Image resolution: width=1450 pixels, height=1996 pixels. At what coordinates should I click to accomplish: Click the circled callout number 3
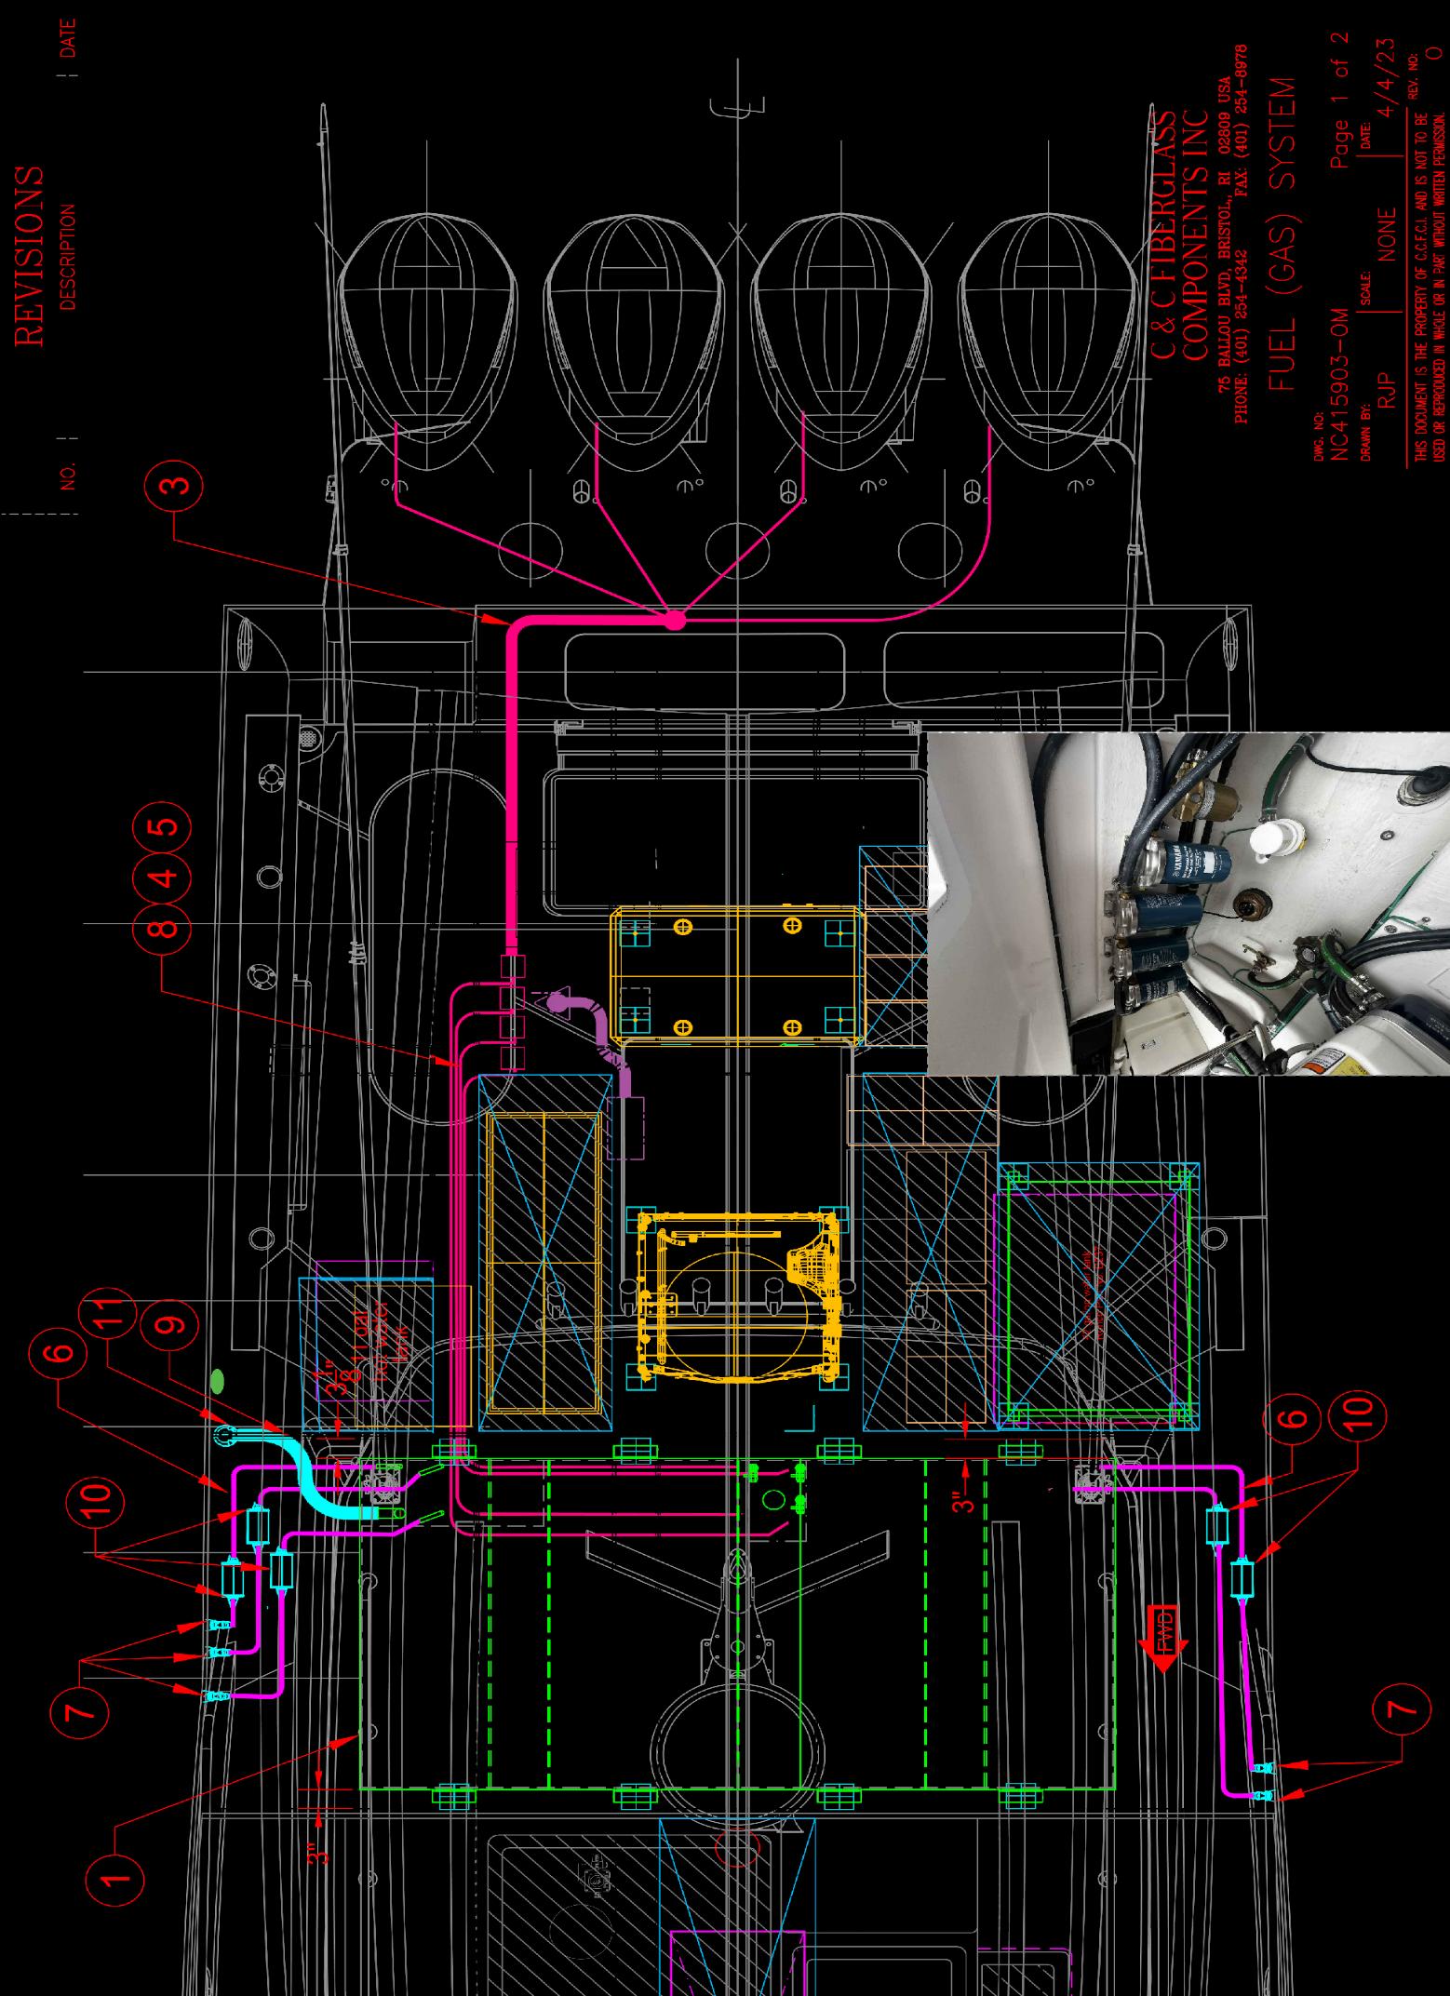[x=178, y=484]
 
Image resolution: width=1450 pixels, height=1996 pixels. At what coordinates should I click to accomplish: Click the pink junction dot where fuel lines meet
[x=675, y=619]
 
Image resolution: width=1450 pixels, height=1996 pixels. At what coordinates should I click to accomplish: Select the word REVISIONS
[x=30, y=257]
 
